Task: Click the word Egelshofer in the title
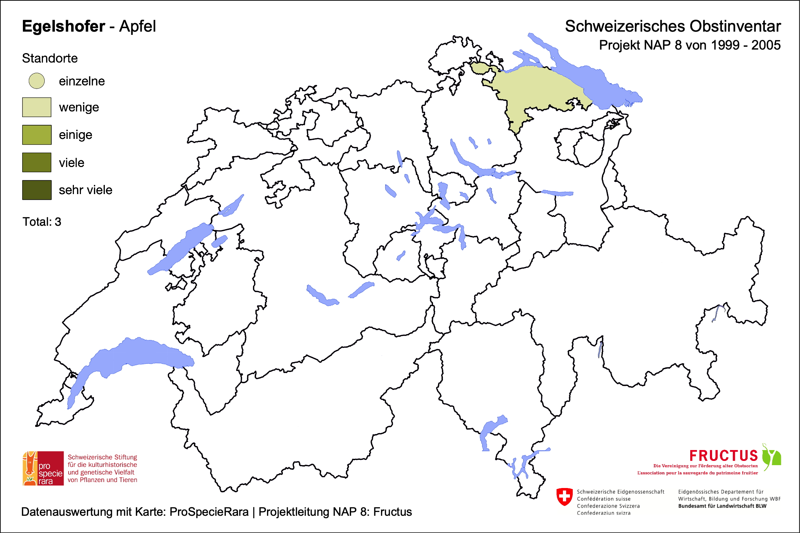(64, 26)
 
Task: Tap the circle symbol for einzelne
(37, 81)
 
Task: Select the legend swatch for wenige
(37, 107)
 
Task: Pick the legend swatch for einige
(37, 135)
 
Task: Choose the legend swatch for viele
(37, 162)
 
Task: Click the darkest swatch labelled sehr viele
(37, 190)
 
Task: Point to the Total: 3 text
(42, 222)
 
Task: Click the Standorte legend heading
(50, 58)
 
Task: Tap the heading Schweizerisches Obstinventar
(673, 26)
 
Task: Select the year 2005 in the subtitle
(766, 45)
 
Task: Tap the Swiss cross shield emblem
(565, 497)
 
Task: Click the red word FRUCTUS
(723, 456)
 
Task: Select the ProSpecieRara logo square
(43, 468)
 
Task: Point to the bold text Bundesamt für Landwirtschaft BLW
(722, 506)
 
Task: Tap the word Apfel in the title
(137, 26)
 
